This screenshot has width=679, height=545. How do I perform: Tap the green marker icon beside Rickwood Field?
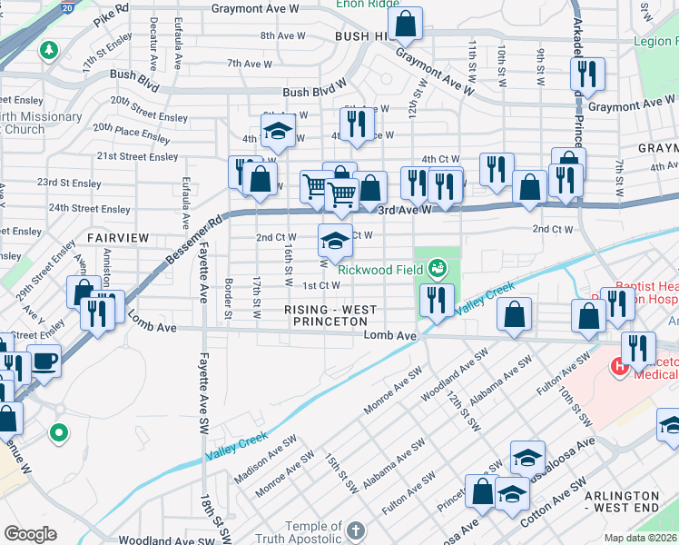coord(438,267)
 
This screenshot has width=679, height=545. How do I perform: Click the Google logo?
coord(29,533)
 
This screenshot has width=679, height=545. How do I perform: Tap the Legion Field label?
coord(654,42)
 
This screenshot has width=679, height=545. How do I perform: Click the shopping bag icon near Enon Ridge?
coord(407,25)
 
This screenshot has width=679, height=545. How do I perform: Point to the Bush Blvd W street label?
coord(315,92)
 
